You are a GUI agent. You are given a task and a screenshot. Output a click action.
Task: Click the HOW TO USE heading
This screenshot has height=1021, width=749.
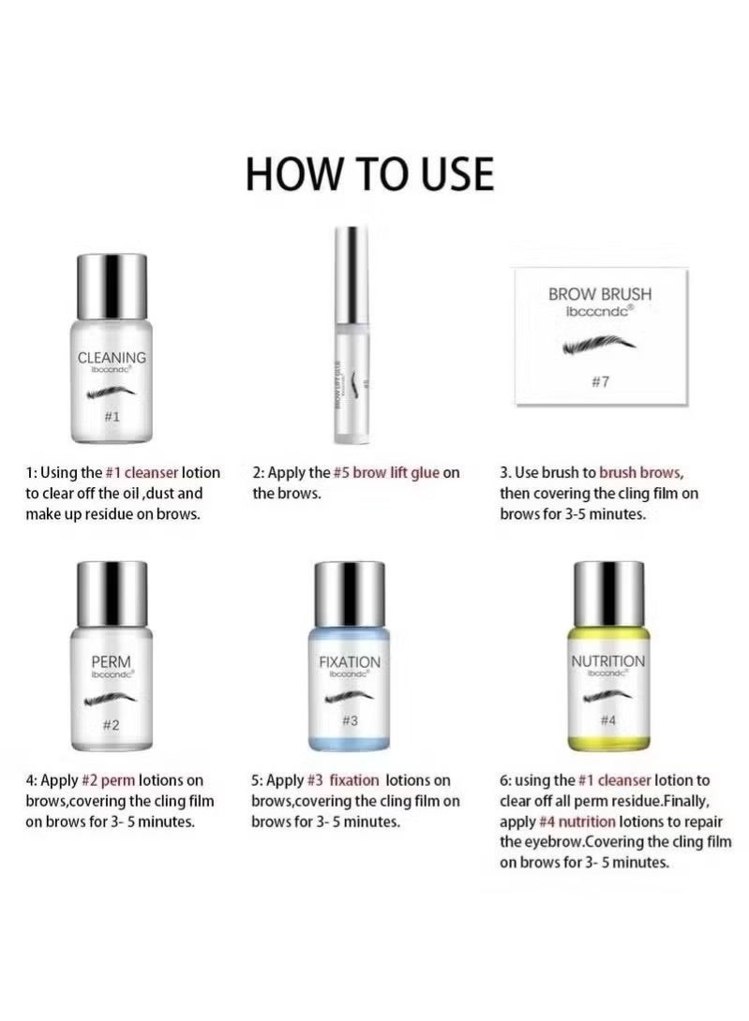pos(369,174)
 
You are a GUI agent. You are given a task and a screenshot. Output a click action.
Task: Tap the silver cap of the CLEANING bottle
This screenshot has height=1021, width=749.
pos(111,285)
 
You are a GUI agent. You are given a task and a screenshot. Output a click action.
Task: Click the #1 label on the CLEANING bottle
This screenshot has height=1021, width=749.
pos(111,416)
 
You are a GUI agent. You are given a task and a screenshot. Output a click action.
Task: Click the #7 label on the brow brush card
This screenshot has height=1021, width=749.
pos(600,381)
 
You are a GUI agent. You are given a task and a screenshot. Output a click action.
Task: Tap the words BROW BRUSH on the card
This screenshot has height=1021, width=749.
pos(599,294)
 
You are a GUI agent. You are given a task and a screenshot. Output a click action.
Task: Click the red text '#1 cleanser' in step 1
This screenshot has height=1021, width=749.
pos(142,473)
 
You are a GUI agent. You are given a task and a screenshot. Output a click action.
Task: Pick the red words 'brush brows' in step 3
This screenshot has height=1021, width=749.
pos(641,473)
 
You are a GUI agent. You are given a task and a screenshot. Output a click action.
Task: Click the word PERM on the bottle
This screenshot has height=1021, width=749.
pos(111,661)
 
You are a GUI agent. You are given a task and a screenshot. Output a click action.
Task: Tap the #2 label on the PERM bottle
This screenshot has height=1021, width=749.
pos(111,723)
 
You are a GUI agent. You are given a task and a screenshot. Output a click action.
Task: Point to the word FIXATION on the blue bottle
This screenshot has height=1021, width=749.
pos(350,661)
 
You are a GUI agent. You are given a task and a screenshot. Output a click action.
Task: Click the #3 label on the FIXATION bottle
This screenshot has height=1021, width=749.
pos(350,720)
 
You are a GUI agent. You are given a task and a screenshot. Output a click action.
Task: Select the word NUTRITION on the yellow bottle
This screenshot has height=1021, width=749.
pos(608,661)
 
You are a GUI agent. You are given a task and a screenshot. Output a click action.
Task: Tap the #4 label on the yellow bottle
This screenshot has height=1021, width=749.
pos(608,720)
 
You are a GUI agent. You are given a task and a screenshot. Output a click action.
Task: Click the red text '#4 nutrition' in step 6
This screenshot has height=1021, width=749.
pos(577,821)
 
